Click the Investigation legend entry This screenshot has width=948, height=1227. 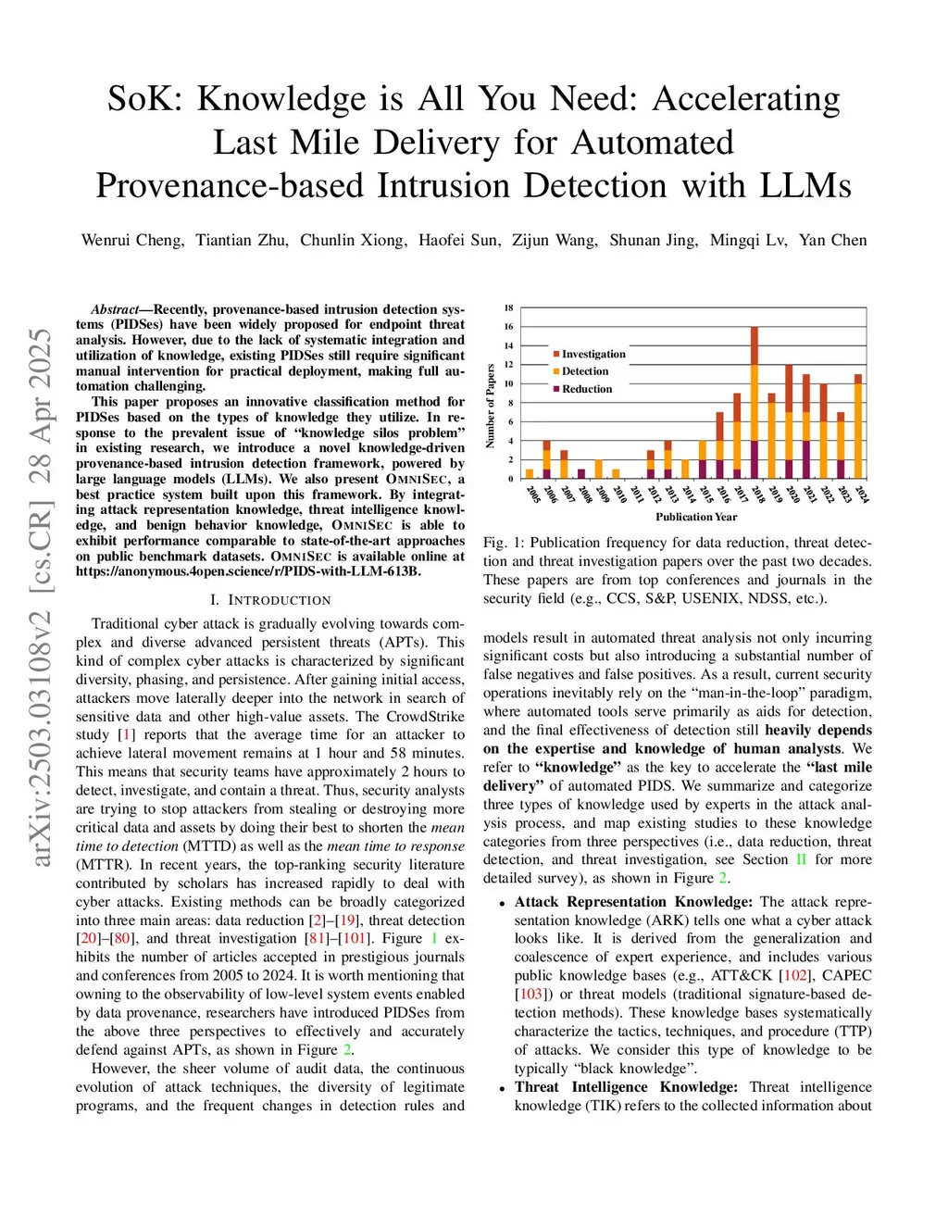click(593, 354)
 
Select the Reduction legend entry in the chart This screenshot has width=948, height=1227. click(587, 389)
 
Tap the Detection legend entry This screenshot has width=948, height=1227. click(585, 371)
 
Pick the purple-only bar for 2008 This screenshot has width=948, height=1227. click(581, 473)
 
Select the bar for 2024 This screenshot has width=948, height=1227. click(858, 426)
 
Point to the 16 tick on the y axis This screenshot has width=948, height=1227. click(508, 327)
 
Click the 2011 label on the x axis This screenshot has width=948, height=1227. click(637, 494)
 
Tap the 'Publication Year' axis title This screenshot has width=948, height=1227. click(696, 517)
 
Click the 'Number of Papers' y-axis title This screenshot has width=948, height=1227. click(491, 406)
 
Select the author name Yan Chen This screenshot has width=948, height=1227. click(832, 240)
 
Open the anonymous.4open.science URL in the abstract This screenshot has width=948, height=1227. click(248, 571)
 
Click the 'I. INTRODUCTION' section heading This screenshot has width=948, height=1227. click(270, 600)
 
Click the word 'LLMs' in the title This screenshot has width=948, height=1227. click(805, 186)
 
